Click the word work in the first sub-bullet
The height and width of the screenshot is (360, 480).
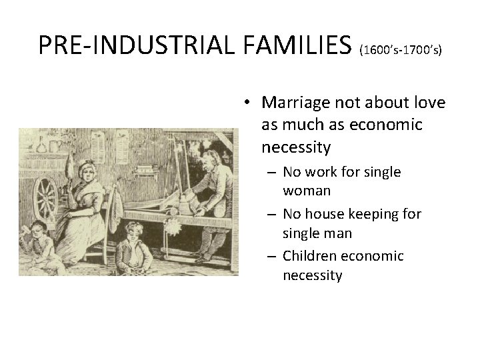tap(321, 172)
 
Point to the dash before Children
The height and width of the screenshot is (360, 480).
tap(272, 256)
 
